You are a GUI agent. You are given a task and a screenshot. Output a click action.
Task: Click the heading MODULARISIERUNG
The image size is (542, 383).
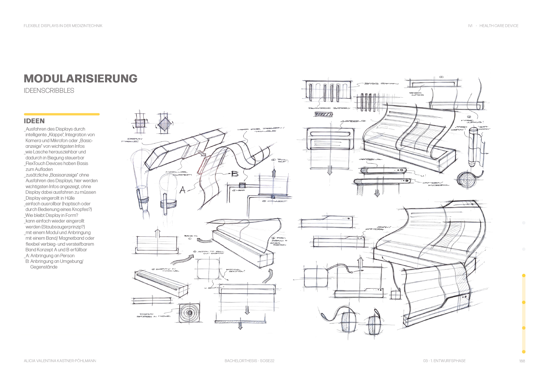(x=80, y=79)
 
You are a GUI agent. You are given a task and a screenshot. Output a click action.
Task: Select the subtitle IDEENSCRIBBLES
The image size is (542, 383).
(x=49, y=91)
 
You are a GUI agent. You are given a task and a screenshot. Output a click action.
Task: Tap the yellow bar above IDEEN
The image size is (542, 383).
(x=62, y=114)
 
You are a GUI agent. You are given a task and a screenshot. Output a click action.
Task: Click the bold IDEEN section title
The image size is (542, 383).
(x=34, y=121)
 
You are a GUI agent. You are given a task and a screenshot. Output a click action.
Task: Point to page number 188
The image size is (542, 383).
(x=522, y=361)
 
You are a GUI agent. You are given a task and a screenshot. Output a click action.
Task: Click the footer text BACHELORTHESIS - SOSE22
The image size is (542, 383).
(x=249, y=361)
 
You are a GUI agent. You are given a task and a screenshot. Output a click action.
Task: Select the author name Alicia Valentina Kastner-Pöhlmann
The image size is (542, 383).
(x=60, y=361)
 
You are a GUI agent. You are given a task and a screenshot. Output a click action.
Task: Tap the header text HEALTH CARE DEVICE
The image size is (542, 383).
(x=499, y=26)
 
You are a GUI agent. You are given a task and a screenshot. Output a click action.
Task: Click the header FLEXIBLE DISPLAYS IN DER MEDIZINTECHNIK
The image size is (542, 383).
(x=63, y=26)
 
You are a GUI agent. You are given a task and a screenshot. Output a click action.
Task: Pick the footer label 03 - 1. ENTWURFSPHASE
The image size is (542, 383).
(x=444, y=361)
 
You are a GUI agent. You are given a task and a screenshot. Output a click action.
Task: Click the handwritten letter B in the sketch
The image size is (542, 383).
(x=235, y=174)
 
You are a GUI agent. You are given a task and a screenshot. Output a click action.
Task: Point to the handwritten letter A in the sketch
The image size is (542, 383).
(x=183, y=190)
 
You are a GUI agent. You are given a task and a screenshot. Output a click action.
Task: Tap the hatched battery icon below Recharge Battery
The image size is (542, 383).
(x=324, y=114)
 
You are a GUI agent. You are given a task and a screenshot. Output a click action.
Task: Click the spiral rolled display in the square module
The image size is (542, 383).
(x=189, y=313)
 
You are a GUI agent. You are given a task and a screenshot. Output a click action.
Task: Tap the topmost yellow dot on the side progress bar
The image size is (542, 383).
(x=524, y=276)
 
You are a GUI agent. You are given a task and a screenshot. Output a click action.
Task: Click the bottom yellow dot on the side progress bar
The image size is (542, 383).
(x=524, y=352)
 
